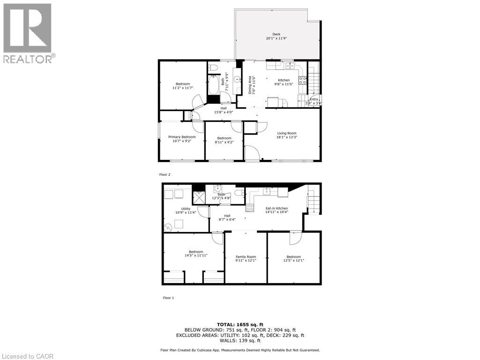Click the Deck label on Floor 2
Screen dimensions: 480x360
[277, 34]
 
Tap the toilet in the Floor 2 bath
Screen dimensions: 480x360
[212, 66]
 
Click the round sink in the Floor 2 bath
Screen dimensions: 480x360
[237, 80]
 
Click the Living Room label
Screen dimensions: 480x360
[286, 133]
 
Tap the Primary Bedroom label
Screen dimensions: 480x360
[182, 137]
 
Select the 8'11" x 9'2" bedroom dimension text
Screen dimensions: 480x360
[224, 142]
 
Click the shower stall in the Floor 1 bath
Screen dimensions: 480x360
[200, 197]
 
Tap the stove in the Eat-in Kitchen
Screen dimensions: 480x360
[250, 207]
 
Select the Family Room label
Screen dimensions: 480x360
[246, 257]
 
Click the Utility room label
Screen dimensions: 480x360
[186, 209]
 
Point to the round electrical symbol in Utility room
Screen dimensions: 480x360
[168, 228]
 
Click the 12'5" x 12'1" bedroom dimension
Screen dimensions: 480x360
[293, 260]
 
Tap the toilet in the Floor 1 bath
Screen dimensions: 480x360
[238, 192]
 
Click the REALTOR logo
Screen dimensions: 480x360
[28, 33]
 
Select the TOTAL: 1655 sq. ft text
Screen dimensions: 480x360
[240, 324]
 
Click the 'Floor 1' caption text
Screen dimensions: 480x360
[168, 298]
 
